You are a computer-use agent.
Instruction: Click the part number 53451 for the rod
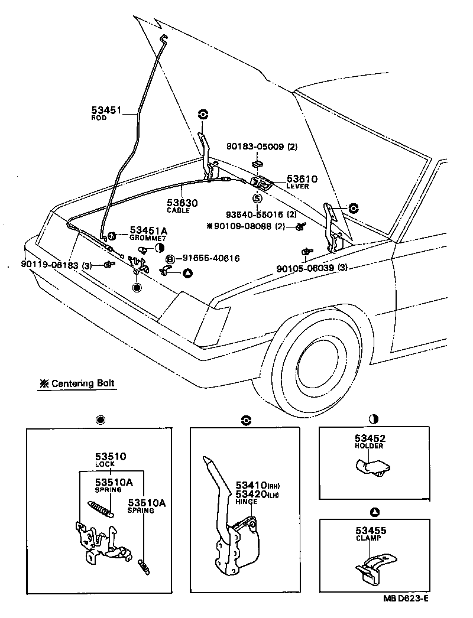click(x=106, y=110)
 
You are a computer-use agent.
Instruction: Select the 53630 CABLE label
click(x=182, y=206)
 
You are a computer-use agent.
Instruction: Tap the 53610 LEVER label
click(x=302, y=181)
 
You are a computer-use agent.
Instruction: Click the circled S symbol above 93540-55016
click(x=257, y=199)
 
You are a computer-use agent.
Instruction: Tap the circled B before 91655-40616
click(x=170, y=258)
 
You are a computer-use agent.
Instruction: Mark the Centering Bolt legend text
click(x=77, y=383)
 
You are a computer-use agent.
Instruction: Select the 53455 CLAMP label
click(x=370, y=534)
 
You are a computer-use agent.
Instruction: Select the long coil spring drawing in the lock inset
click(x=102, y=508)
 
